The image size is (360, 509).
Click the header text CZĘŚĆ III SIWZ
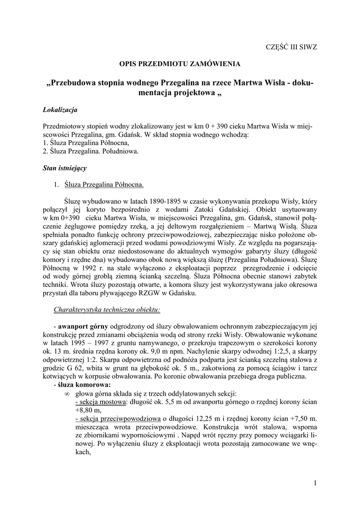tap(292, 46)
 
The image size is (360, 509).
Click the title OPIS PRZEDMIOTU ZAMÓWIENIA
tap(179, 64)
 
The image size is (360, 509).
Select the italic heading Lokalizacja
tap(60, 109)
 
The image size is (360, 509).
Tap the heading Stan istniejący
tap(65, 168)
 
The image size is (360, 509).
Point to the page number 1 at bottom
tap(316, 482)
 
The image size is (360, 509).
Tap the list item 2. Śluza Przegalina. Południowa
tap(91, 151)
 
